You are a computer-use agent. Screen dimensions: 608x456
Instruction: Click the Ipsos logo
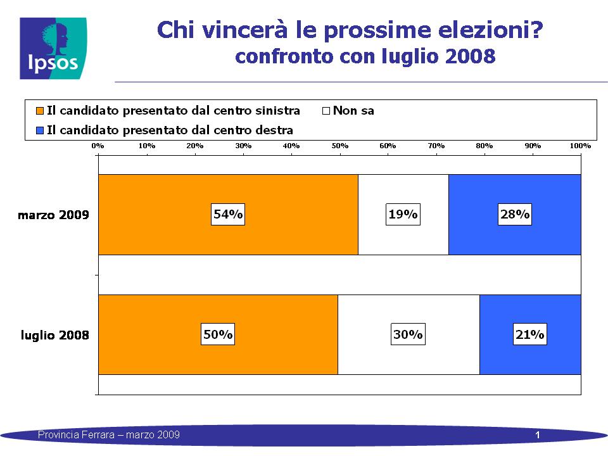53,49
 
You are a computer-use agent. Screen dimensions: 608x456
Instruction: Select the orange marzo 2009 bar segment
229,215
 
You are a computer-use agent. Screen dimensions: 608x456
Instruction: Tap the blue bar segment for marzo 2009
514,215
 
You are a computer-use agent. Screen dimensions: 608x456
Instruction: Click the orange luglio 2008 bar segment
218,334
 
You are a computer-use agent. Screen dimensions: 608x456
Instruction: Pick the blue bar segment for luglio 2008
530,334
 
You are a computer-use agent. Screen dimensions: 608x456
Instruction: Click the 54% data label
228,214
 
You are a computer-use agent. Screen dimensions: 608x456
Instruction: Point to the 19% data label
403,214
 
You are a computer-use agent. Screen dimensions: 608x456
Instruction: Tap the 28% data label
514,214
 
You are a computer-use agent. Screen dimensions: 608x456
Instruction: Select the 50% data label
218,334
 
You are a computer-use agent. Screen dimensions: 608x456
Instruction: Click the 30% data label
408,334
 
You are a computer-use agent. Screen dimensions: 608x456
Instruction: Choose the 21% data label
529,334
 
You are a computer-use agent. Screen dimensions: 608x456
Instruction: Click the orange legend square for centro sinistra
39,111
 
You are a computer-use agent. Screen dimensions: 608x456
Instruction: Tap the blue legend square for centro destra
39,130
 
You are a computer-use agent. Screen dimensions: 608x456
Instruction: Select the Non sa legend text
353,111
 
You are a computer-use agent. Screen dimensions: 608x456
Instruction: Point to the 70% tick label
436,146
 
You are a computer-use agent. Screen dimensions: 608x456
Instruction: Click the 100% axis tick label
580,146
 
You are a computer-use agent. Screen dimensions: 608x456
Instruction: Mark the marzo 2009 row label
53,215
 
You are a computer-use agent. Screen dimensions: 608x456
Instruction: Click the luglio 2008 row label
54,335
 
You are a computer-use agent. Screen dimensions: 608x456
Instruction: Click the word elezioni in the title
490,30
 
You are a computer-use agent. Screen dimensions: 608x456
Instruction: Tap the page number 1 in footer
538,435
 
